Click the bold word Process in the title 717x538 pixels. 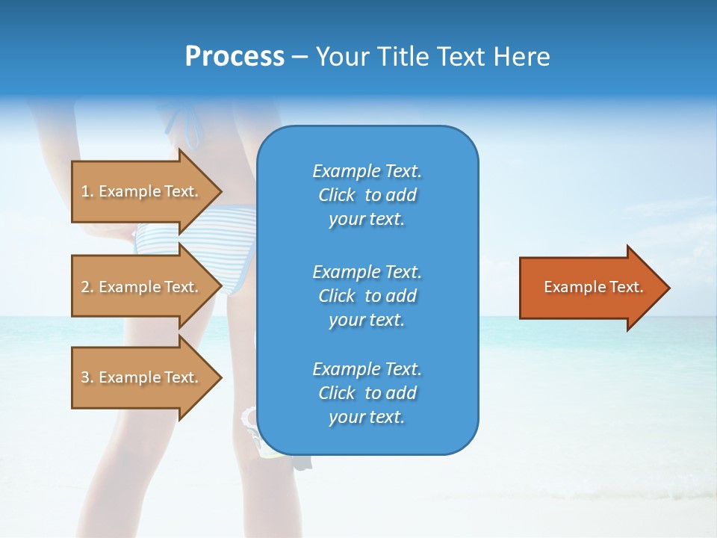[235, 57]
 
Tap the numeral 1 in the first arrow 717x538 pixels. [85, 191]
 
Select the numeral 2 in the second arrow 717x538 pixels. [85, 287]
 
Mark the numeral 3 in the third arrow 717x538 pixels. [85, 377]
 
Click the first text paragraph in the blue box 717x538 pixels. [367, 195]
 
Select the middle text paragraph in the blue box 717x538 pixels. [367, 296]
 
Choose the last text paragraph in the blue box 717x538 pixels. [367, 393]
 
